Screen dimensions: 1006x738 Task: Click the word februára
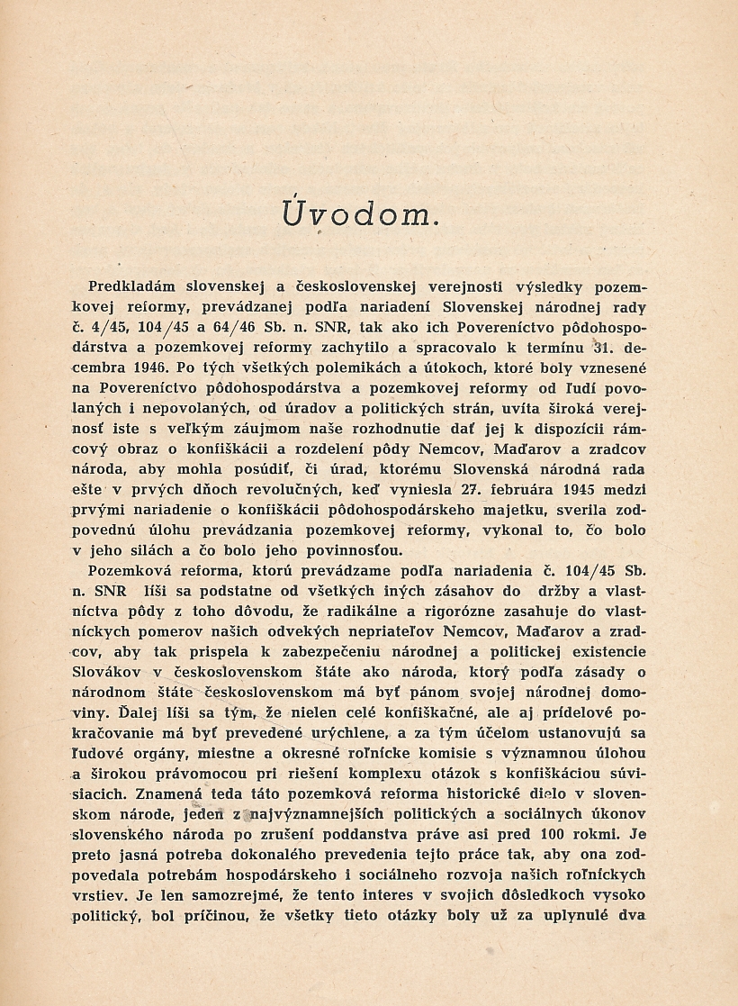528,489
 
